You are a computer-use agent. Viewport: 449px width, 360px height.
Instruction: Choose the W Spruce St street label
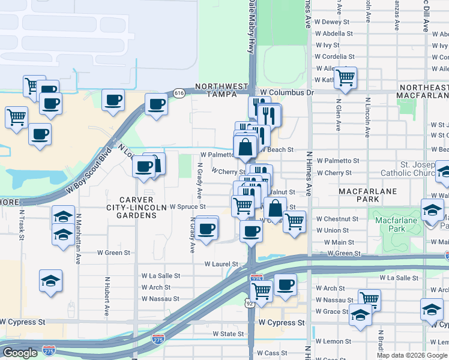pos(188,206)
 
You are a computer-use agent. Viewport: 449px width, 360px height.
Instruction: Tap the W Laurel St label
pos(221,263)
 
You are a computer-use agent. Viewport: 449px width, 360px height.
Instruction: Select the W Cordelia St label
pos(334,56)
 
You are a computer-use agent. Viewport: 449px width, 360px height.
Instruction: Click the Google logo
pos(20,353)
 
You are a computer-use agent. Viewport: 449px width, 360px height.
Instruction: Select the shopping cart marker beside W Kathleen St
pos(345,77)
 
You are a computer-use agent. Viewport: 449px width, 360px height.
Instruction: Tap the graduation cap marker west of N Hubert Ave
pos(51,280)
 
